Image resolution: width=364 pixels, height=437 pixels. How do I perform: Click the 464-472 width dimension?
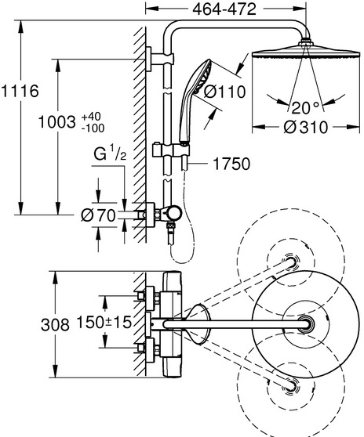[224, 9]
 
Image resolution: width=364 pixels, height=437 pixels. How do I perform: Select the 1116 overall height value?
[20, 91]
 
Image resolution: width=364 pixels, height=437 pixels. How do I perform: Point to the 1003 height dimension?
[57, 122]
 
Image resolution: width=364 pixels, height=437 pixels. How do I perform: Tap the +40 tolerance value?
[91, 117]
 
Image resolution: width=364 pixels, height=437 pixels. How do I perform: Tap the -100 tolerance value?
[93, 128]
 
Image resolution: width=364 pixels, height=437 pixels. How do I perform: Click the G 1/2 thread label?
[110, 153]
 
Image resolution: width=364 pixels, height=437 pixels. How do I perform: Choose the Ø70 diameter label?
[98, 215]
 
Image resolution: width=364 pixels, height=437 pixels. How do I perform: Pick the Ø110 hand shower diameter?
[224, 92]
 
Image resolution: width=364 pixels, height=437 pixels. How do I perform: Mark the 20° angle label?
[305, 107]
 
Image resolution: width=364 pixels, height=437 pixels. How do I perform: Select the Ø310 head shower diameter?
[306, 128]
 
